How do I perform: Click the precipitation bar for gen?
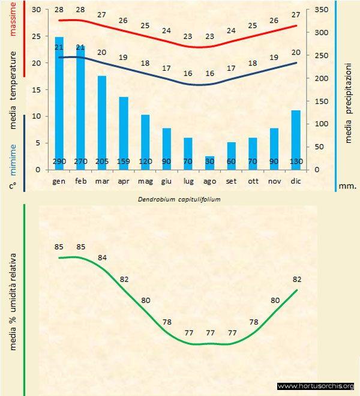pyautogui.click(x=59, y=102)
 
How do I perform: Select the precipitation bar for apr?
pyautogui.click(x=124, y=132)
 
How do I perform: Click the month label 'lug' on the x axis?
pyautogui.click(x=188, y=181)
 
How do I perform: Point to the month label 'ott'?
pyautogui.click(x=253, y=181)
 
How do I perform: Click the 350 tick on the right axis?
pyautogui.click(x=322, y=10)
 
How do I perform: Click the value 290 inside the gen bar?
pyautogui.click(x=59, y=162)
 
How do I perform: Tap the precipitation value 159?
pyautogui.click(x=124, y=162)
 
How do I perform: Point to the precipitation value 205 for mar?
pyautogui.click(x=102, y=162)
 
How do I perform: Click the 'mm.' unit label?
pyautogui.click(x=348, y=186)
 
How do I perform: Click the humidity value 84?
pyautogui.click(x=102, y=257)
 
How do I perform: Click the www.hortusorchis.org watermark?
pyautogui.click(x=317, y=386)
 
